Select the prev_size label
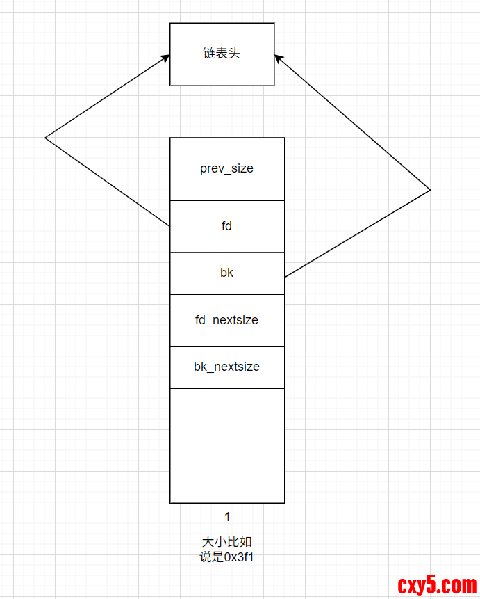pyautogui.click(x=226, y=169)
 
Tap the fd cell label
pyautogui.click(x=226, y=226)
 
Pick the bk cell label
pyautogui.click(x=226, y=273)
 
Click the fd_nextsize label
pyautogui.click(x=226, y=320)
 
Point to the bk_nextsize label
pyautogui.click(x=226, y=367)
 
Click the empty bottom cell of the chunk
pyautogui.click(x=226, y=445)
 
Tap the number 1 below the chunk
pyautogui.click(x=227, y=516)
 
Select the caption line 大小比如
pyautogui.click(x=222, y=542)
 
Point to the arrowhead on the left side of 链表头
pyautogui.click(x=166, y=58)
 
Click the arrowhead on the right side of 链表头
pyautogui.click(x=279, y=58)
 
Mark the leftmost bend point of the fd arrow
pyautogui.click(x=45, y=138)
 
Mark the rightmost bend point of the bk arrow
pyautogui.click(x=431, y=189)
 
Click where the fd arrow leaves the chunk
pyautogui.click(x=170, y=227)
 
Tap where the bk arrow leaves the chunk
pyautogui.click(x=285, y=277)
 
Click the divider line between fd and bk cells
pyautogui.click(x=226, y=253)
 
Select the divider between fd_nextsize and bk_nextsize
pyautogui.click(x=226, y=346)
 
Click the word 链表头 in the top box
pyautogui.click(x=222, y=54)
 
